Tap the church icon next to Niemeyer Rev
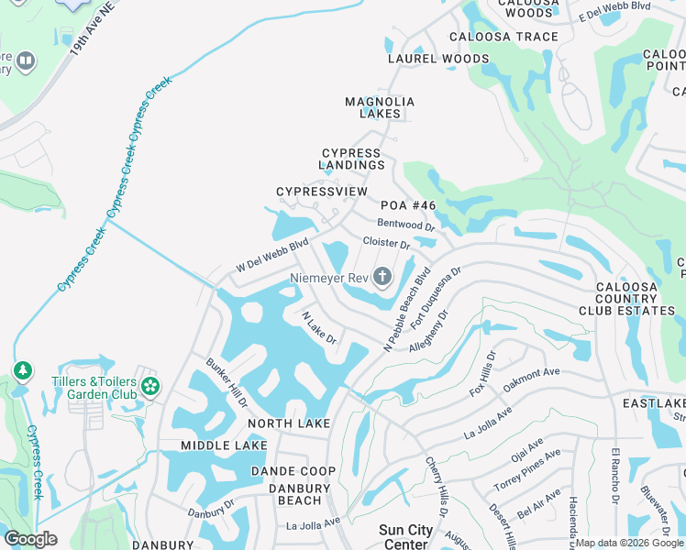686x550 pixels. click(382, 277)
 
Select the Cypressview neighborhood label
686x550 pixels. click(322, 192)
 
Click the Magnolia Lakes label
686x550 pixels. click(380, 107)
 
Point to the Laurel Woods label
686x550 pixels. click(438, 59)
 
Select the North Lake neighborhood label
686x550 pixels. click(289, 423)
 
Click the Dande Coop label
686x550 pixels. click(293, 471)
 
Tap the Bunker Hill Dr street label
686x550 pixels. click(227, 383)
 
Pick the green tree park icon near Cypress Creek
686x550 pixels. click(22, 371)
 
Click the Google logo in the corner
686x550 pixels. click(30, 539)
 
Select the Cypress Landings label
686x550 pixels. click(352, 159)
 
